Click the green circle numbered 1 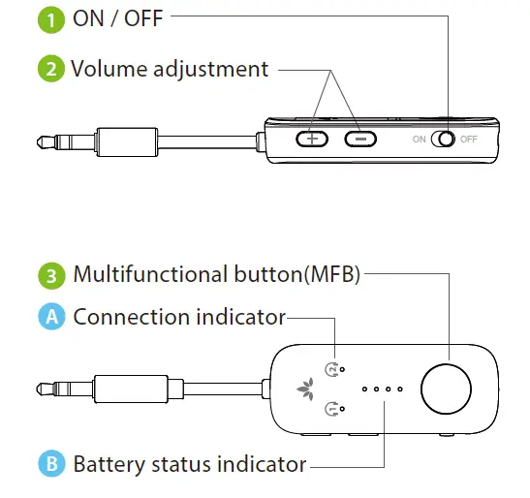pyautogui.click(x=50, y=19)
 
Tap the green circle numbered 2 pyautogui.click(x=50, y=69)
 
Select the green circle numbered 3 pyautogui.click(x=50, y=274)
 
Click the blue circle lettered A pyautogui.click(x=50, y=317)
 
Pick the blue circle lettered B pyautogui.click(x=50, y=463)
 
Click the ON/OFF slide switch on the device pyautogui.click(x=443, y=139)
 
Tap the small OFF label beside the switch pyautogui.click(x=469, y=140)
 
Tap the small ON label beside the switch pyautogui.click(x=419, y=140)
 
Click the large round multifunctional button pyautogui.click(x=448, y=389)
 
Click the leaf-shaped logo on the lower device pyautogui.click(x=303, y=389)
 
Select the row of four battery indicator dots pyautogui.click(x=382, y=389)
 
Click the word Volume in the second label pyautogui.click(x=108, y=69)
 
